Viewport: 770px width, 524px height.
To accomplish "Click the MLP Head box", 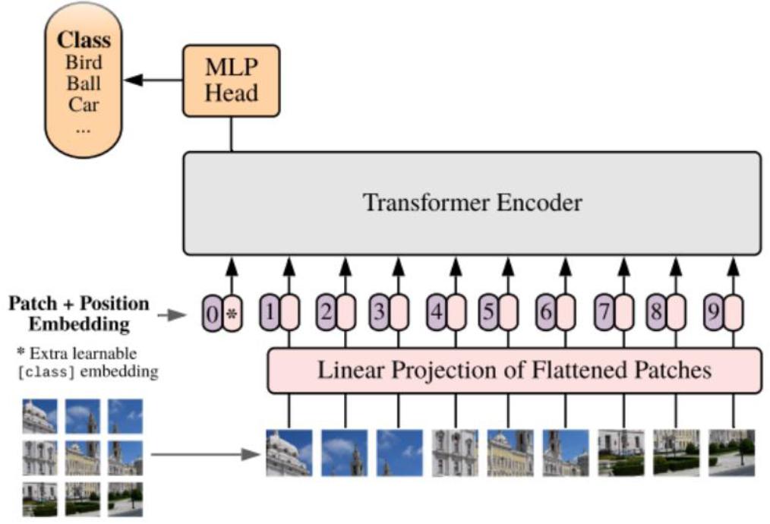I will coord(231,81).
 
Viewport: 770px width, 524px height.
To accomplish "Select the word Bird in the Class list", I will coord(84,62).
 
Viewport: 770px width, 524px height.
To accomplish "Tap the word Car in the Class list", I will coord(84,103).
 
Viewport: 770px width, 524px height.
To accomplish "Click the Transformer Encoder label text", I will coord(472,203).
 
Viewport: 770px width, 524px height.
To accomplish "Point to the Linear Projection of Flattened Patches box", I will coord(514,371).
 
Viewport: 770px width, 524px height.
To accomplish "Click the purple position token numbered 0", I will coord(212,313).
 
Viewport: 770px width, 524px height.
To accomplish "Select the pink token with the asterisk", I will coord(232,313).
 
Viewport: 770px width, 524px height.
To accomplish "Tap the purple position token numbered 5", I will coord(488,313).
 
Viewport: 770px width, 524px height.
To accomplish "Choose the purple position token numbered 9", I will coord(713,313).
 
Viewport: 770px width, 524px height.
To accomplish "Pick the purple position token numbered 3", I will coord(379,313).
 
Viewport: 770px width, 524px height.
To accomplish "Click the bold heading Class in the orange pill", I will coord(84,39).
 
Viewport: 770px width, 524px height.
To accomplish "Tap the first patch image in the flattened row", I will coord(289,453).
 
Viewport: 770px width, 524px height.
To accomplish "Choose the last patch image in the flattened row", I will coord(732,453).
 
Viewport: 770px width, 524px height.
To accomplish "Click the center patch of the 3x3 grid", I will coord(82,457).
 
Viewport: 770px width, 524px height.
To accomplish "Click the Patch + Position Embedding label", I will coord(79,314).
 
